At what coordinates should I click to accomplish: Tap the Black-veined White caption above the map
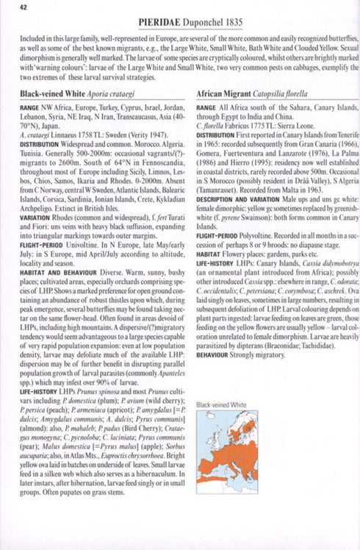[x=221, y=404]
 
